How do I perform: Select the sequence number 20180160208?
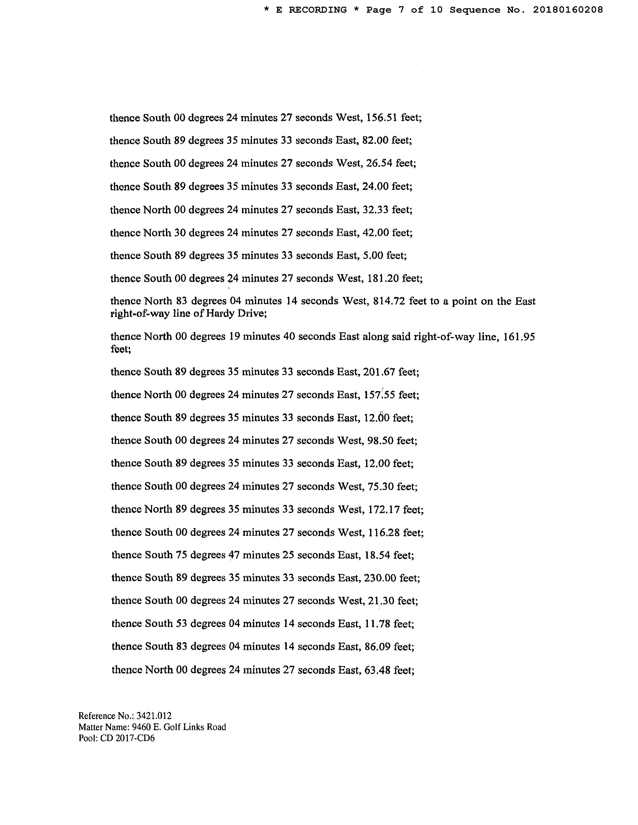coord(568,10)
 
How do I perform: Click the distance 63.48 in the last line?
coord(377,670)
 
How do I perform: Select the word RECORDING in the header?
coord(318,10)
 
